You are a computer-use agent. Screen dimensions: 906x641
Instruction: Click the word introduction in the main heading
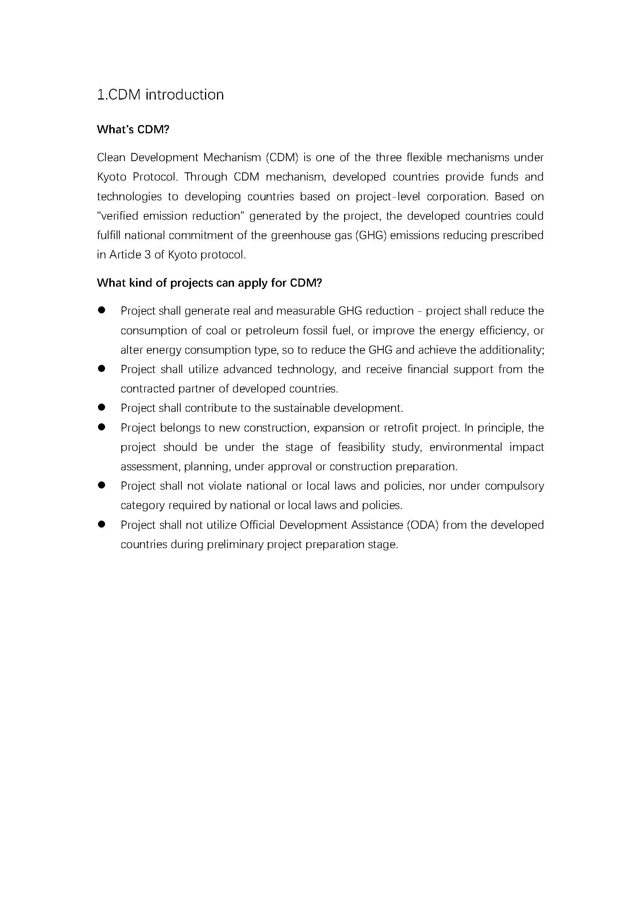(184, 95)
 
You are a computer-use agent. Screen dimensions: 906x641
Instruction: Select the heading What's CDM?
(133, 129)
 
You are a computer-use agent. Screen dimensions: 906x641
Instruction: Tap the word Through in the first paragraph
(205, 177)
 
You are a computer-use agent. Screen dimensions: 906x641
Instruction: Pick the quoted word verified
(118, 216)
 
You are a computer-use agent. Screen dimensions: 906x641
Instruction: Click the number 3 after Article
(148, 255)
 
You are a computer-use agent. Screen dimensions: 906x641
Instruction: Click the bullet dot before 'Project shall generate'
(102, 310)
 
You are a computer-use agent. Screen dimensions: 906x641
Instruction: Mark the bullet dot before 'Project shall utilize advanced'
(102, 368)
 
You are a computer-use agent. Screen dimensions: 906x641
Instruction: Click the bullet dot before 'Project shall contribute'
(102, 407)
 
